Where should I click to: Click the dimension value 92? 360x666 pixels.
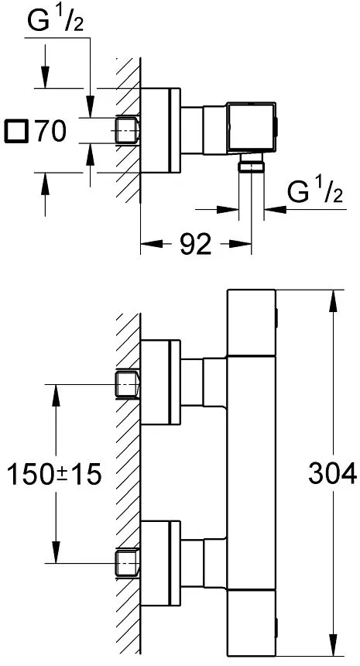point(195,244)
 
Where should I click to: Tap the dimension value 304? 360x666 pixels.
point(332,474)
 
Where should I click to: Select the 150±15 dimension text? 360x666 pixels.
point(55,474)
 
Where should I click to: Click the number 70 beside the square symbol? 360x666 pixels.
point(51,131)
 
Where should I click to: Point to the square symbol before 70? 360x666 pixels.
point(17,131)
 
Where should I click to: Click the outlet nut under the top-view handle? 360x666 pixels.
point(252,163)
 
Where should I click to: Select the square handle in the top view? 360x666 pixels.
point(252,127)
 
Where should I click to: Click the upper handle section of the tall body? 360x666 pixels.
point(252,323)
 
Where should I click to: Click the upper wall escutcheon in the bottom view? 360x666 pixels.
point(160,383)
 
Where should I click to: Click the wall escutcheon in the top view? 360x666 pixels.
point(160,130)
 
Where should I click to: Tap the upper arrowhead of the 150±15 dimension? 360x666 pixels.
point(56,395)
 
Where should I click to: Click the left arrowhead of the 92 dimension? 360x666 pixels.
point(151,244)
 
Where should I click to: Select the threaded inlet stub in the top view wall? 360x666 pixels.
point(128,130)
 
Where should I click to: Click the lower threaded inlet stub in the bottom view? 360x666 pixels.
point(128,563)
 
